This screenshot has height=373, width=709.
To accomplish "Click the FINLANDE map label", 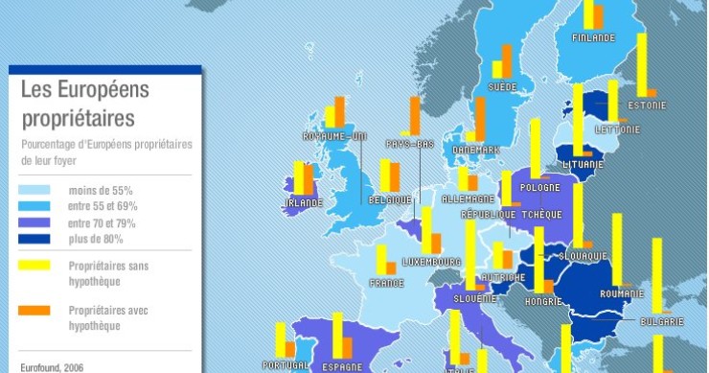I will [x=593, y=38].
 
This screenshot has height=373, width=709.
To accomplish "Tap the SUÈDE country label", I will [x=502, y=86].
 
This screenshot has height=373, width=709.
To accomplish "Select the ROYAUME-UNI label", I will [x=334, y=136].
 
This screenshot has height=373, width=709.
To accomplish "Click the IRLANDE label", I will [x=302, y=203].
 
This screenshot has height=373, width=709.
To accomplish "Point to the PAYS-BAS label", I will [x=410, y=144].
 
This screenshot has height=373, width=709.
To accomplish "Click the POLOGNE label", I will [x=540, y=187].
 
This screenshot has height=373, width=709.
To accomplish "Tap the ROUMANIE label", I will [x=621, y=293].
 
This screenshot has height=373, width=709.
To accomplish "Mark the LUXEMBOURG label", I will [x=431, y=261].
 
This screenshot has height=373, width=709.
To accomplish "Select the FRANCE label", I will [x=386, y=283].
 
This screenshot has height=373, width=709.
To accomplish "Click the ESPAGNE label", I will [x=342, y=366].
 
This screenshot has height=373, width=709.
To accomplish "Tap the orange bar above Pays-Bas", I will [x=415, y=115].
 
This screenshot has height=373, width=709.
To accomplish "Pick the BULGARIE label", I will [x=662, y=320].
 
